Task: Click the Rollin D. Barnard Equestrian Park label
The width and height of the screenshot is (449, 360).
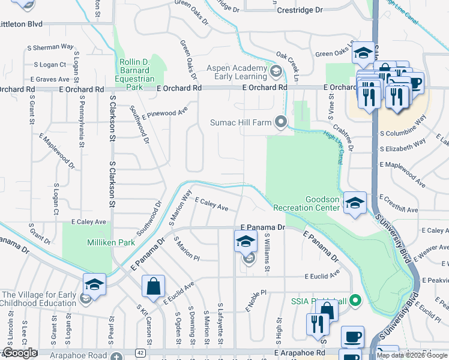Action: pyautogui.click(x=135, y=74)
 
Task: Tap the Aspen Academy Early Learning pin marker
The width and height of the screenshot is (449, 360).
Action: pyautogui.click(x=276, y=73)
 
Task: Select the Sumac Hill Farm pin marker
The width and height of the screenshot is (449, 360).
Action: pyautogui.click(x=281, y=122)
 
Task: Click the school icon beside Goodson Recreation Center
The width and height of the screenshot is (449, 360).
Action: pyautogui.click(x=355, y=203)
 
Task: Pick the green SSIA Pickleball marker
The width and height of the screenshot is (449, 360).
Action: pyautogui.click(x=355, y=300)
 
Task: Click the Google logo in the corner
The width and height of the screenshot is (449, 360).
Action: pyautogui.click(x=20, y=353)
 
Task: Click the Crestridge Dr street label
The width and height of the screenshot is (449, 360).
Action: pyautogui.click(x=300, y=10)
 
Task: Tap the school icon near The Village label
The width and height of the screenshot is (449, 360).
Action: pyautogui.click(x=95, y=284)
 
